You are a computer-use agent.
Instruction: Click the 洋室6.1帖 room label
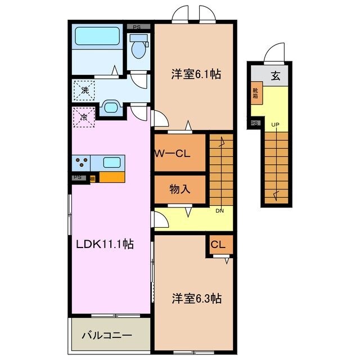tap(195, 74)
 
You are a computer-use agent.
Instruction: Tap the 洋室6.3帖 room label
tap(196, 298)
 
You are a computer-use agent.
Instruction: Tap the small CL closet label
tap(218, 245)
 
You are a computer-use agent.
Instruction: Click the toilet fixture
tap(138, 48)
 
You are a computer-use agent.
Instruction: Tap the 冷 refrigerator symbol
tap(83, 118)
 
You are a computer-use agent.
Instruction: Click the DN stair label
tap(220, 211)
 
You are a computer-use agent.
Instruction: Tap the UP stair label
tap(275, 124)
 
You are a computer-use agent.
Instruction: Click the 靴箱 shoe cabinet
tap(256, 93)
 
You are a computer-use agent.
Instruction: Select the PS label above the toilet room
tap(137, 26)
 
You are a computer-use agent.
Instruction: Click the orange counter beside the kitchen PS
tap(111, 177)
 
